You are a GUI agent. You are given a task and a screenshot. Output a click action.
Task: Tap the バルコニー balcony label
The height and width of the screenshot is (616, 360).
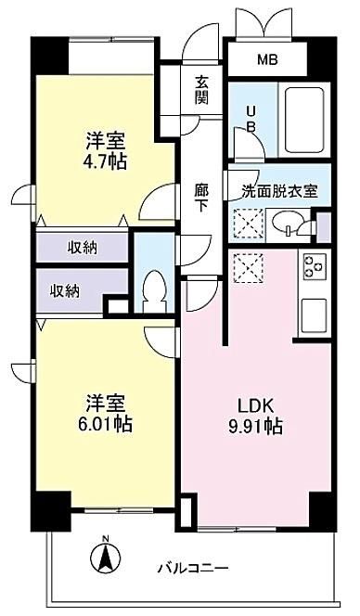point(193,568)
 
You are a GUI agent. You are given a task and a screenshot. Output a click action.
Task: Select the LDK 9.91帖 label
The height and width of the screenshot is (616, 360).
point(255,416)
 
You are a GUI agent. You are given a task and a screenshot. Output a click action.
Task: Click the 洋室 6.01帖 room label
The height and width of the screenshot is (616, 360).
point(106,414)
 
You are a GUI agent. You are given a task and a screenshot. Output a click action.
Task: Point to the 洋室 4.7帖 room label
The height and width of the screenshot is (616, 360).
point(107,150)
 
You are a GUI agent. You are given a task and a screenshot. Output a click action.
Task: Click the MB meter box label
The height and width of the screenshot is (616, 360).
point(267,59)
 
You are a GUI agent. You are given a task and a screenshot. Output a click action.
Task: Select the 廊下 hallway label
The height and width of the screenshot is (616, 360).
point(201,199)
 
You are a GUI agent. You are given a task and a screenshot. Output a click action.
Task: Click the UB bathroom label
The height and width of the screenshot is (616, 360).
point(251,120)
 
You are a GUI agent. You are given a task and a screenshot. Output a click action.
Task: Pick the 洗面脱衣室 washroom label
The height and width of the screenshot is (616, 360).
point(279,191)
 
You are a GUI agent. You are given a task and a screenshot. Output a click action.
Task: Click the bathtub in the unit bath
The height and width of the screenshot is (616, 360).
point(304,120)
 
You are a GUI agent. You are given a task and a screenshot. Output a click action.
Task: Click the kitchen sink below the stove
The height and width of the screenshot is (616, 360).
point(315,314)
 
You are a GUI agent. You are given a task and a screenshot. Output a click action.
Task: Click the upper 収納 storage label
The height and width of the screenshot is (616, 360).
point(83,248)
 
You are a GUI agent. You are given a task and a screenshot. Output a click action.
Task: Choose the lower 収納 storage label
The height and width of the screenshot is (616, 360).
point(65,291)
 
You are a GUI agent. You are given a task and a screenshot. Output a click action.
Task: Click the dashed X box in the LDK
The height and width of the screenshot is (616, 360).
point(249,268)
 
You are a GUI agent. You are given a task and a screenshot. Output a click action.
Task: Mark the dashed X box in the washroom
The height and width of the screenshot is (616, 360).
point(249,224)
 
